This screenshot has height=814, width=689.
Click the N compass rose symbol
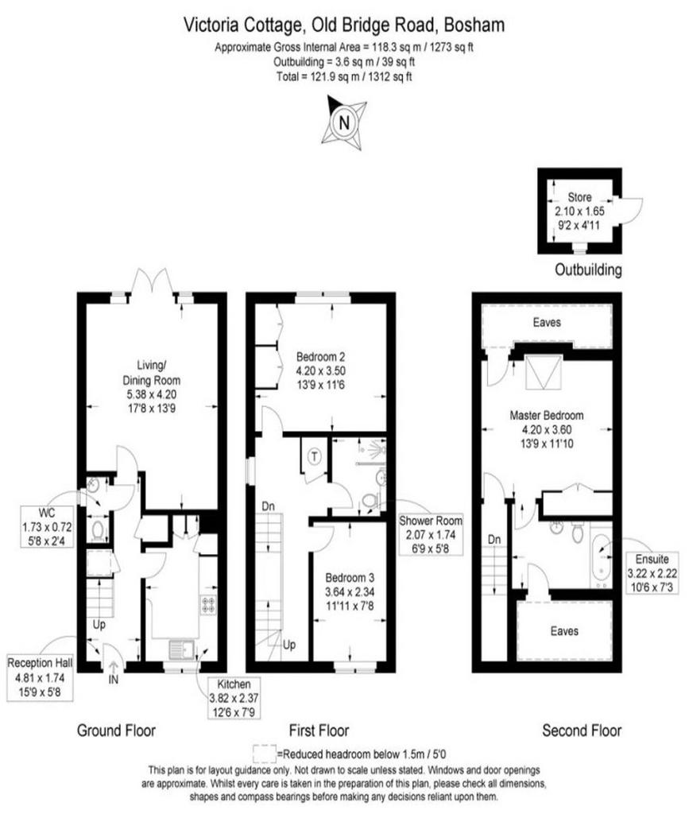343,123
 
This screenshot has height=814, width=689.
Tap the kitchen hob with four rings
208,604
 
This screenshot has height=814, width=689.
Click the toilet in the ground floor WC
98,530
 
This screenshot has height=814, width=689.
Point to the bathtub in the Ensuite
602,556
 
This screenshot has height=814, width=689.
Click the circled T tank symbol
315,457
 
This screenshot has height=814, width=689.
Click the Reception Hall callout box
40,677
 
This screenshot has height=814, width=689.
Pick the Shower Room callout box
430,535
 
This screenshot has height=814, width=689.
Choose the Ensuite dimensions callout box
652,572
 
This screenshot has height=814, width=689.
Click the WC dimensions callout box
47,527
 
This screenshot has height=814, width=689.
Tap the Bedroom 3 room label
350,577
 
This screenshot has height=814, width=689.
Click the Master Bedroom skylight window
544,372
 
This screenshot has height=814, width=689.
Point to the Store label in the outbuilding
579,197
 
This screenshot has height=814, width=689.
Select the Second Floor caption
582,731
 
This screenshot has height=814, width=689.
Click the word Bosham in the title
474,25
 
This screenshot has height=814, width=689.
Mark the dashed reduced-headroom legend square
265,754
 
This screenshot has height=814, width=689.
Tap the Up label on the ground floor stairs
99,625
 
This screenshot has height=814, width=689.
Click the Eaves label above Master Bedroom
547,323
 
